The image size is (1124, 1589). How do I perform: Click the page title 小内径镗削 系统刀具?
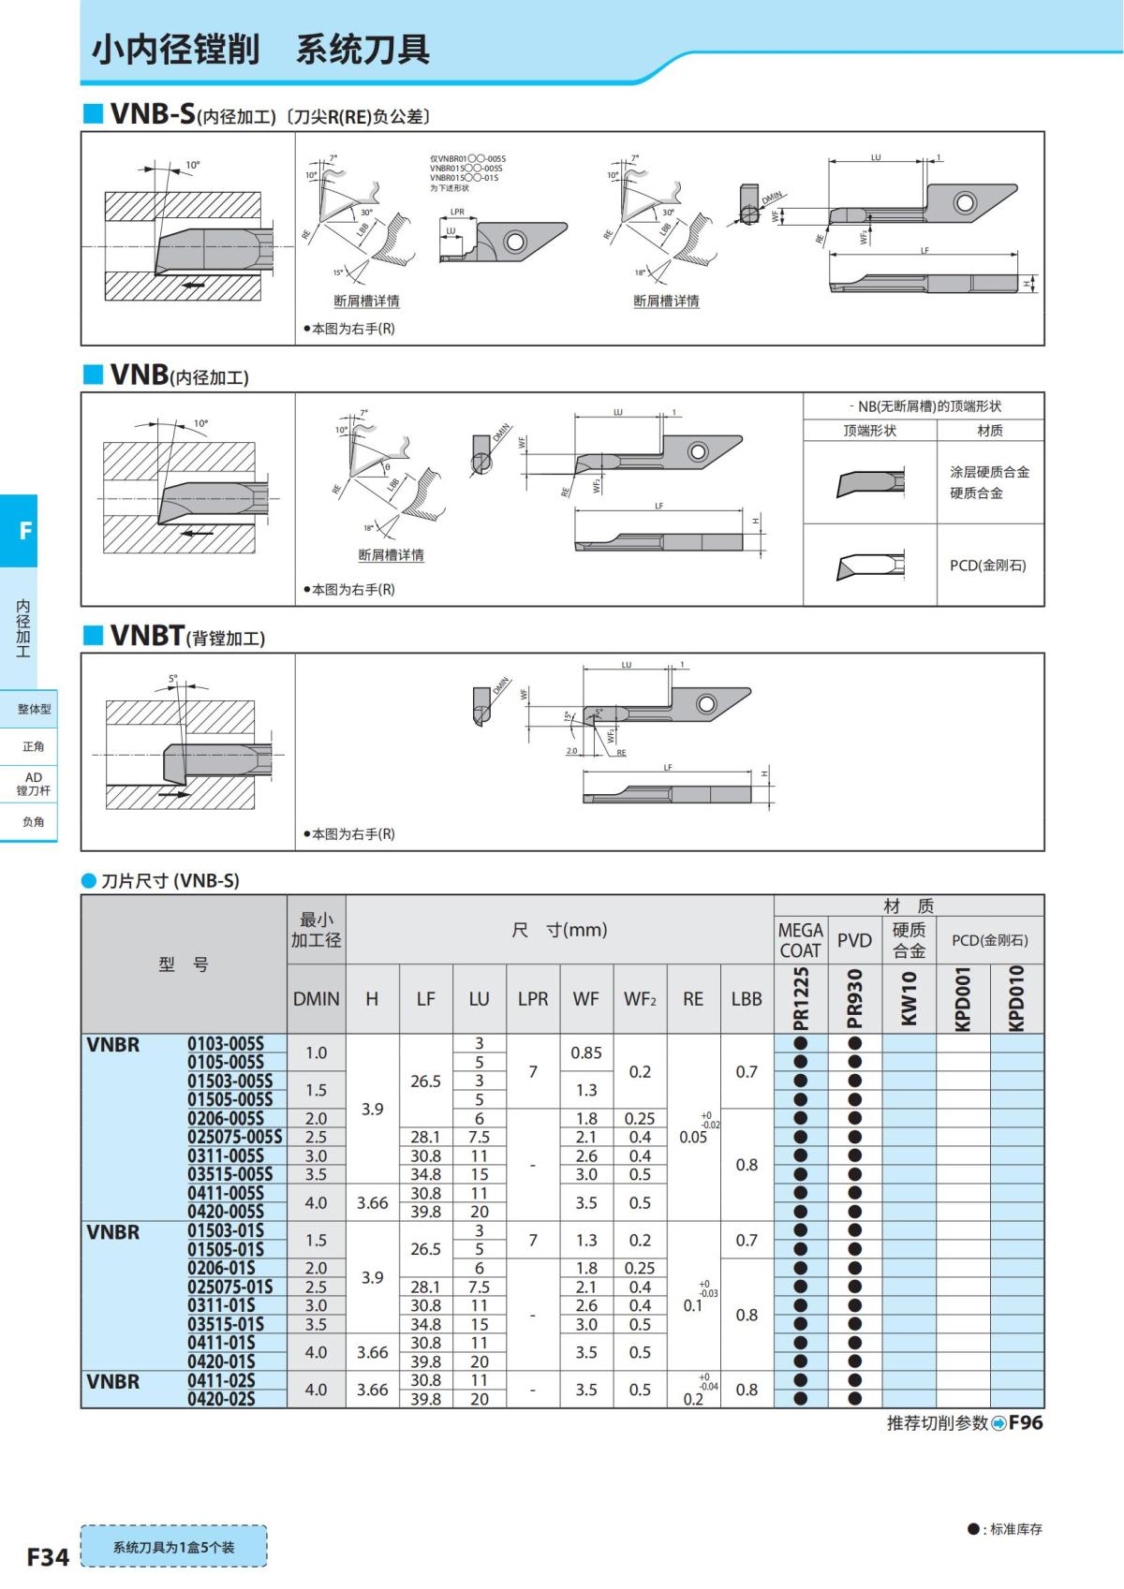[260, 50]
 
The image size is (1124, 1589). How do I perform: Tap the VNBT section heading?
[147, 636]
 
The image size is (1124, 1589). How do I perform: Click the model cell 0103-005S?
[226, 1043]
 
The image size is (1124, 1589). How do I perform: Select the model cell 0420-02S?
[221, 1399]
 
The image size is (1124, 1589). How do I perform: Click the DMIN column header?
[317, 999]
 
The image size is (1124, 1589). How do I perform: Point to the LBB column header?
[747, 999]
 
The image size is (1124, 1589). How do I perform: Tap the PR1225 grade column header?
[801, 999]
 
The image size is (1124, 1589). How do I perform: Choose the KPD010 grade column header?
[1017, 999]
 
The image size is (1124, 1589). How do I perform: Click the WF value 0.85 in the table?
[586, 1052]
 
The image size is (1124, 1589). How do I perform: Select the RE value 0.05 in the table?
[693, 1137]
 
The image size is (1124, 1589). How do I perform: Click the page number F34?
[47, 1557]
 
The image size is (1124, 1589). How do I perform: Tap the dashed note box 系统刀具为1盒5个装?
[173, 1547]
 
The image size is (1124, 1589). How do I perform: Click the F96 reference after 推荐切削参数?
[1026, 1422]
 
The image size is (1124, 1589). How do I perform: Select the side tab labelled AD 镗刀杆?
[33, 784]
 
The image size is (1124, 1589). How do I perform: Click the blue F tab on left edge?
[24, 531]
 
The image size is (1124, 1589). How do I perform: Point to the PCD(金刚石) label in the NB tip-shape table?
[988, 566]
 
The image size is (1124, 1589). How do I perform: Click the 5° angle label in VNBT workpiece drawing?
[172, 678]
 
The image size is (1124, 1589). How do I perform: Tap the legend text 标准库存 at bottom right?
[1015, 1529]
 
